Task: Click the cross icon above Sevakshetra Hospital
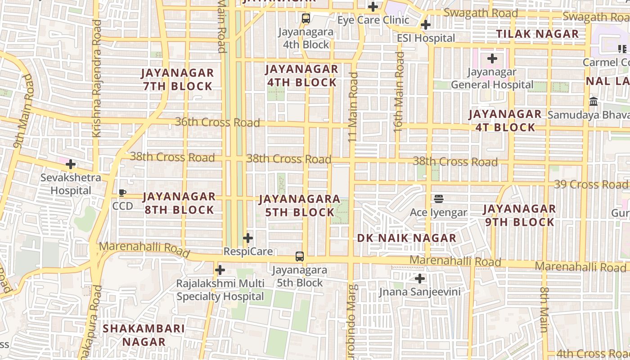pyautogui.click(x=71, y=164)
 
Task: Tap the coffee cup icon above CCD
pyautogui.click(x=122, y=193)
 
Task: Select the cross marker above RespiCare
pyautogui.click(x=247, y=238)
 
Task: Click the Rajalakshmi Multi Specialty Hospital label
pyautogui.click(x=220, y=290)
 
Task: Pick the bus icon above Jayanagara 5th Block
pyautogui.click(x=300, y=256)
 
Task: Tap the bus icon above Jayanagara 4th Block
pyautogui.click(x=306, y=18)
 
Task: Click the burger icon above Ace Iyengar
pyautogui.click(x=439, y=198)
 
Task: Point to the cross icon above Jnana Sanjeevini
pyautogui.click(x=420, y=279)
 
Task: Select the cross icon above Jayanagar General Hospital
pyautogui.click(x=492, y=58)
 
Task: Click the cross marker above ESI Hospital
pyautogui.click(x=426, y=25)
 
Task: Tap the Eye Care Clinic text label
pyautogui.click(x=373, y=20)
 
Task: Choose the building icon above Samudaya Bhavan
pyautogui.click(x=594, y=102)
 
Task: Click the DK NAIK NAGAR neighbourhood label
pyautogui.click(x=407, y=238)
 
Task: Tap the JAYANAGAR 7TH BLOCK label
pyautogui.click(x=178, y=79)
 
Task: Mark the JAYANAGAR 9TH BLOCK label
pyautogui.click(x=519, y=215)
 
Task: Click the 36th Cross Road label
pyautogui.click(x=217, y=122)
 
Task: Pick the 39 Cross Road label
pyautogui.click(x=590, y=184)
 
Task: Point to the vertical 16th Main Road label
pyautogui.click(x=399, y=92)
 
